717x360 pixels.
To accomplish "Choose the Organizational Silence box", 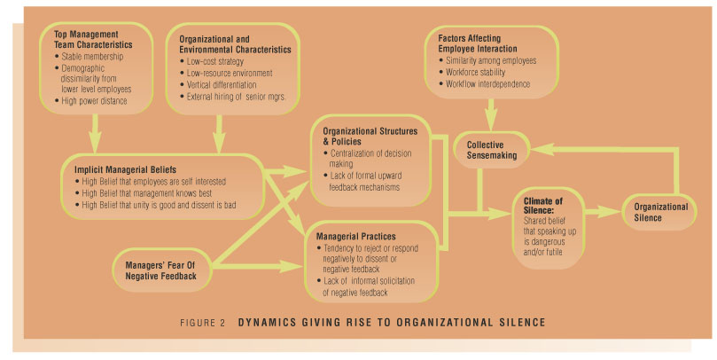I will pyautogui.click(x=660, y=212).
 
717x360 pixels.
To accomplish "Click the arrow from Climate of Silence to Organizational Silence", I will pyautogui.click(x=597, y=214).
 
